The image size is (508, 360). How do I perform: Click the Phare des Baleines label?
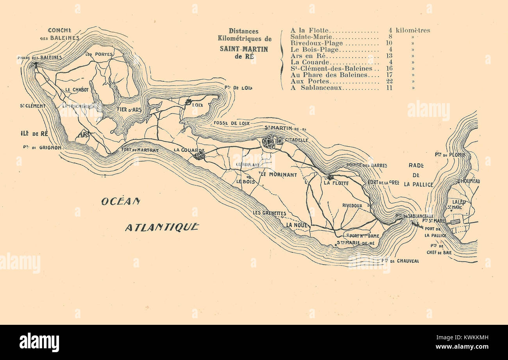39,57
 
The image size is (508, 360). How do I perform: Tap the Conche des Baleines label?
59,34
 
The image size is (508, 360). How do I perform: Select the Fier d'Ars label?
124,110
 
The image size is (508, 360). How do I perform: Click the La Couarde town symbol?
199,156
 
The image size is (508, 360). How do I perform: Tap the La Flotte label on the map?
336,183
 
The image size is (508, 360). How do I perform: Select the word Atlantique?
162,227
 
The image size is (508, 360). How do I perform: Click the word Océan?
120,201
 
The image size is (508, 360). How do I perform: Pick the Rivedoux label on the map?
352,205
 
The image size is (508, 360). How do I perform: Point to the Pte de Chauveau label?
400,260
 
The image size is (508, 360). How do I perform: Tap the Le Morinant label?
279,174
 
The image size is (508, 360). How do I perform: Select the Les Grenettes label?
269,213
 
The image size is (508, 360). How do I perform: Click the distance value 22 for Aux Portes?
389,81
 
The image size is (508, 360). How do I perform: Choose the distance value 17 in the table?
389,75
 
